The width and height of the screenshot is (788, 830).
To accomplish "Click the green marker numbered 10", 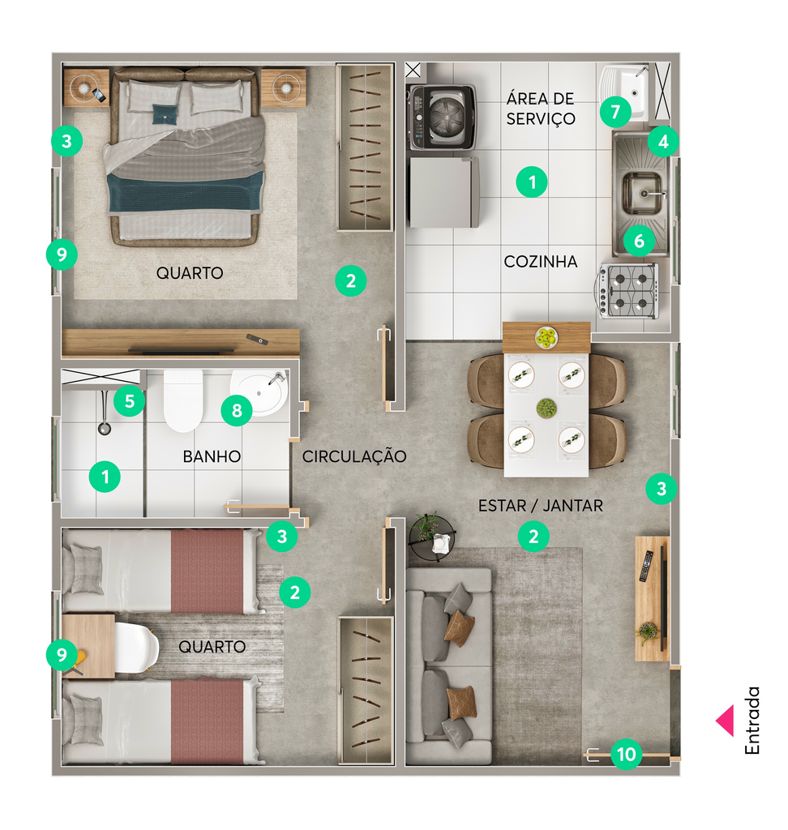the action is [x=627, y=754].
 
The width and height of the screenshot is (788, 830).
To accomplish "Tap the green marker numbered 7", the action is [x=615, y=112].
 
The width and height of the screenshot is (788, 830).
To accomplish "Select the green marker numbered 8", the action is [x=237, y=410].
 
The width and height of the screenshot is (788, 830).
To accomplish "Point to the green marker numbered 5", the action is [x=130, y=401].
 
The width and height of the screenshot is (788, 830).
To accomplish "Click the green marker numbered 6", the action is [x=639, y=241].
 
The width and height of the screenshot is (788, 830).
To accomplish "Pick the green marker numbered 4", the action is [x=663, y=141].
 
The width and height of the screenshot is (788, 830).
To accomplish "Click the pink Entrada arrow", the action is [x=725, y=721].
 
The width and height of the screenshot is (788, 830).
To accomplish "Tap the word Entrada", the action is [x=752, y=721].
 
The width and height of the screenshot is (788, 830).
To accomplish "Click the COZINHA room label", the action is [x=540, y=262].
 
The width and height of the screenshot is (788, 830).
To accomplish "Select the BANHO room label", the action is [x=212, y=456].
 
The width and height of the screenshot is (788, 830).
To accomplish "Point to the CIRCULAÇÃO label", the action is [x=354, y=456].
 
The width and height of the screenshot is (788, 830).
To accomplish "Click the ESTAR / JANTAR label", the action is [x=540, y=506].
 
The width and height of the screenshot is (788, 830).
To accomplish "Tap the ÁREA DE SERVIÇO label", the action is [x=540, y=108].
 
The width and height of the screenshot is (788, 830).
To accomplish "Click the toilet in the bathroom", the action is [x=183, y=400].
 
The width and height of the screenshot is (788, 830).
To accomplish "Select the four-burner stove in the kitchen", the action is [x=629, y=291].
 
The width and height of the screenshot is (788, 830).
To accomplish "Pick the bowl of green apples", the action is [x=546, y=337].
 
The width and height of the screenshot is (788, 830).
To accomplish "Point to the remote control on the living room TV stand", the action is [x=645, y=566].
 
